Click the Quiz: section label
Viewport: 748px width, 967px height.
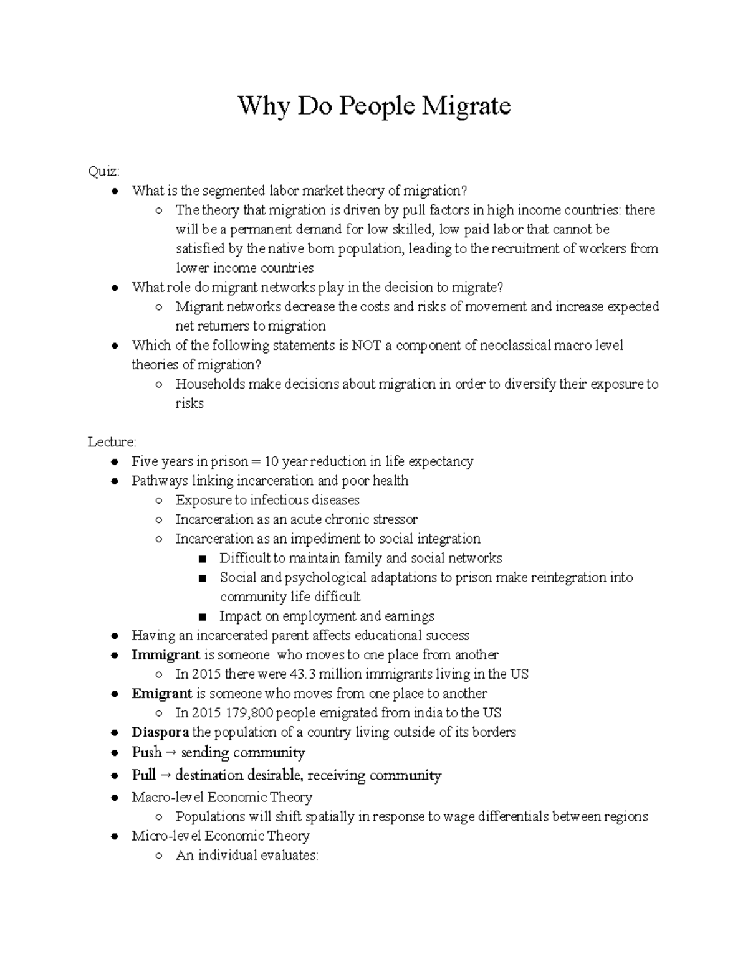click(103, 171)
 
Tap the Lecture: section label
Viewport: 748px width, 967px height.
click(112, 442)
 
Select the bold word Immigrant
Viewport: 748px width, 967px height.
click(165, 654)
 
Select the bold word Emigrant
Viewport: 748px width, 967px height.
click(161, 693)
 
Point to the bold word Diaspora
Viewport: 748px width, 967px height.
click(160, 732)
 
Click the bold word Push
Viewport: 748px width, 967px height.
click(146, 752)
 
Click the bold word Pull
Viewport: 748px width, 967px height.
click(143, 775)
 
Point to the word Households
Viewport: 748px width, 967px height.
click(210, 384)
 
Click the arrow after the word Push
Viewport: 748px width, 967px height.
click(171, 752)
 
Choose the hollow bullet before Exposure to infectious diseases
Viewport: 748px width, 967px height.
click(159, 501)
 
